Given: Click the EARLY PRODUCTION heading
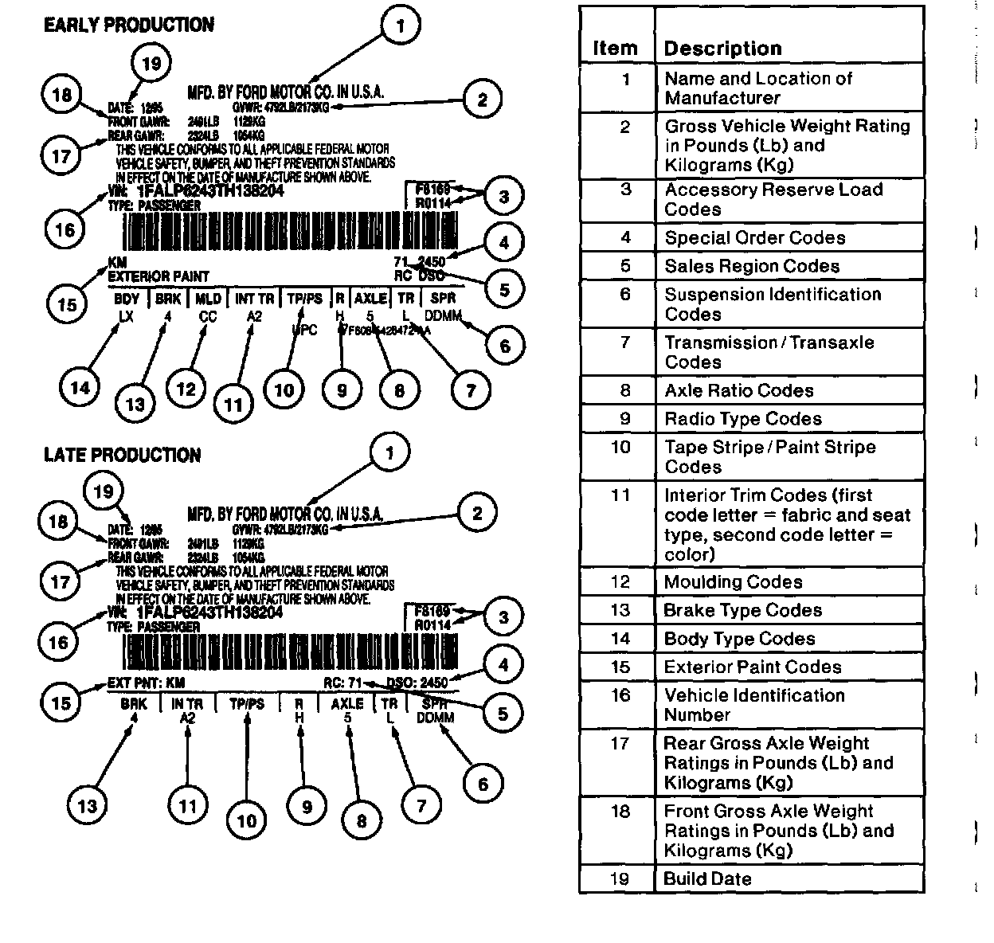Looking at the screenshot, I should [128, 25].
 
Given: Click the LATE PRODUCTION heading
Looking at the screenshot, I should [122, 455].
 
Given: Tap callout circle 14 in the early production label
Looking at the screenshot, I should [80, 388].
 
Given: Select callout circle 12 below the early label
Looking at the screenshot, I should [186, 389].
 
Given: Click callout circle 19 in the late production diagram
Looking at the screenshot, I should [104, 491].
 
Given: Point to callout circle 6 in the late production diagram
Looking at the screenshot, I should [483, 784].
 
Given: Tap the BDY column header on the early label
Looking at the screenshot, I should [127, 299].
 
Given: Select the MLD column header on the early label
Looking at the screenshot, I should [209, 299].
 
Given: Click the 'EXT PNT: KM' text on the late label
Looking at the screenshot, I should [146, 683].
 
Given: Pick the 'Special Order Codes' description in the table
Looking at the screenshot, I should [754, 237].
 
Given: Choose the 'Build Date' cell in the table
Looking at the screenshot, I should [707, 878].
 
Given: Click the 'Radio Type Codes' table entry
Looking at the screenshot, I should [742, 418].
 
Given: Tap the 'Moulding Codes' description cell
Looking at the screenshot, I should [733, 581].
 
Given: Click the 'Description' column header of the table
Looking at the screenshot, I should [722, 49].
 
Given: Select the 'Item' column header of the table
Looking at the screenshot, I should [615, 49].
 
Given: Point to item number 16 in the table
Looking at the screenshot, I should [620, 695].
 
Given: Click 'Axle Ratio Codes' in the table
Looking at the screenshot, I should [739, 390].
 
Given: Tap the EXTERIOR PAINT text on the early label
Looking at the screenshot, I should [158, 276].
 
